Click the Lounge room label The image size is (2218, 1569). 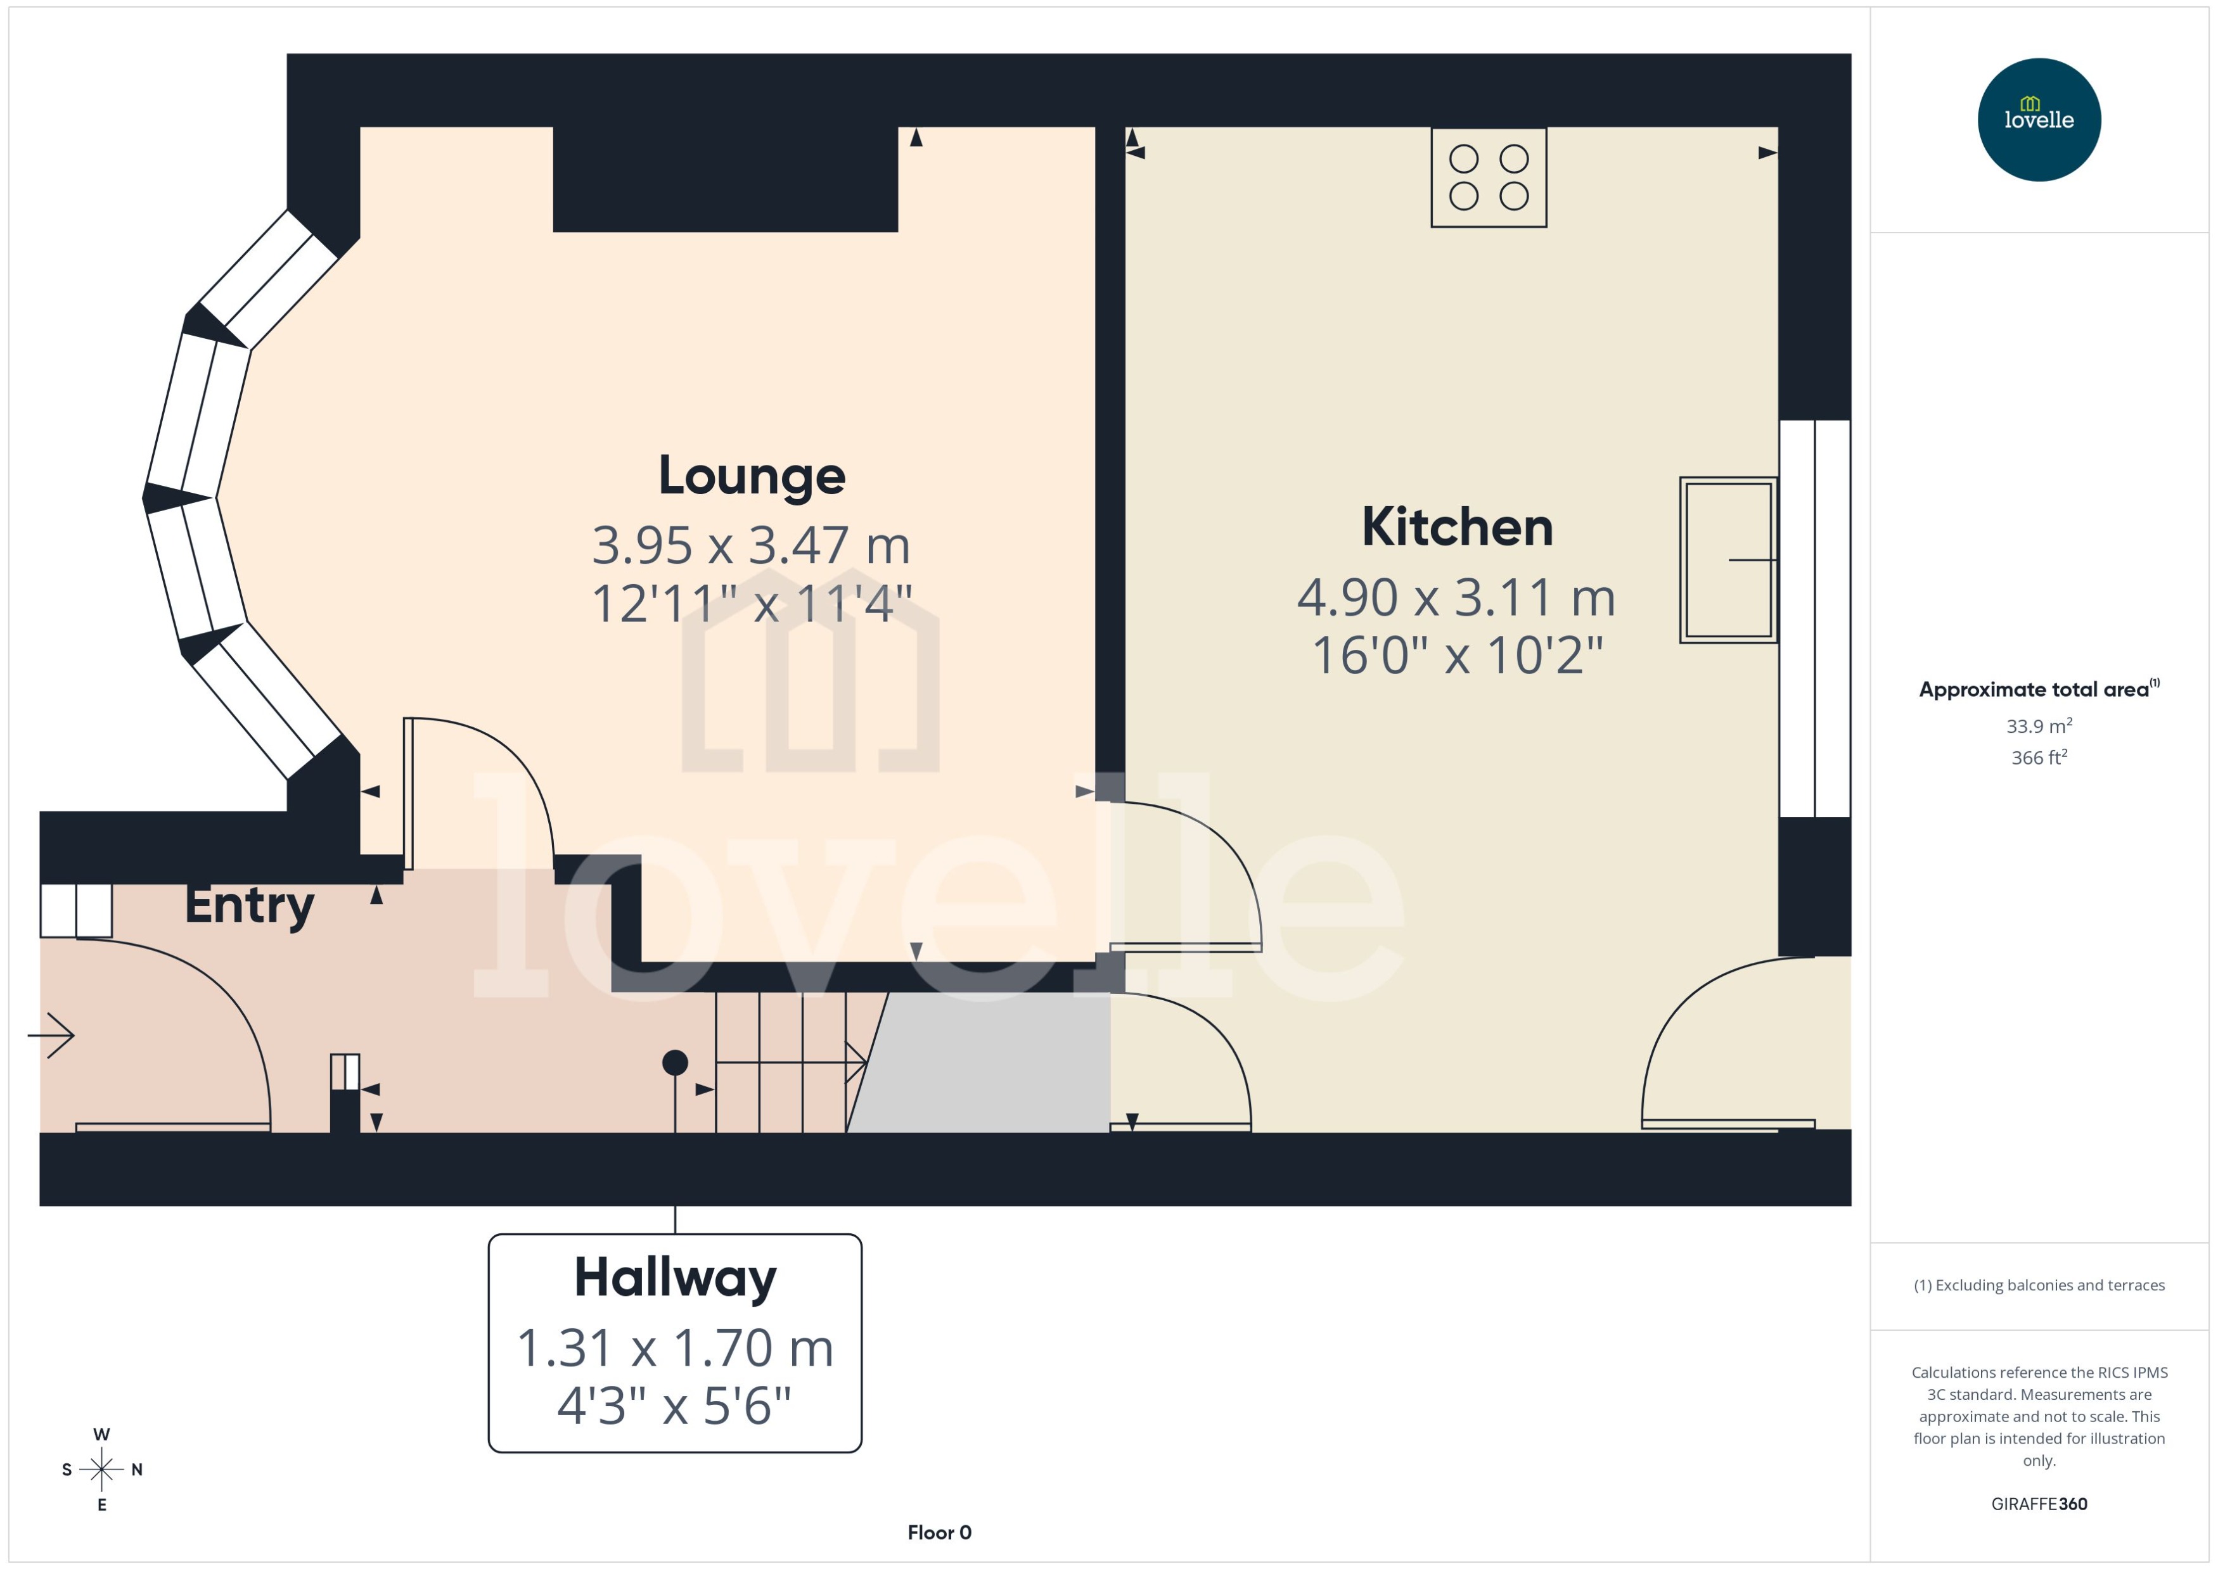coord(751,476)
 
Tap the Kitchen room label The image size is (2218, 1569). coord(1456,528)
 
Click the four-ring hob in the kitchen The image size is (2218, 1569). coord(1489,178)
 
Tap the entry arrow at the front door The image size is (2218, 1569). coord(53,1036)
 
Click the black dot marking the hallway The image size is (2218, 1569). coord(674,1063)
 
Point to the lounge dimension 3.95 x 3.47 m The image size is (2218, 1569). coord(751,546)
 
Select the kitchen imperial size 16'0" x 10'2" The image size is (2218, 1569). coord(1456,655)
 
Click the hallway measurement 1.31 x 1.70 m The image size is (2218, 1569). coord(674,1348)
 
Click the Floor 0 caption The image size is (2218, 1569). coord(939,1532)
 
